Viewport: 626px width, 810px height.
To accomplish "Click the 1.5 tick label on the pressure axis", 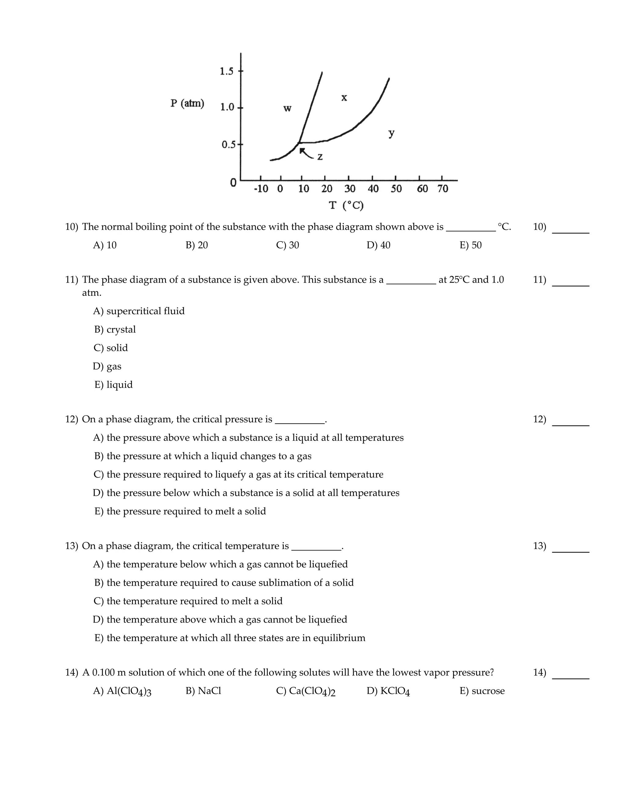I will click(x=226, y=71).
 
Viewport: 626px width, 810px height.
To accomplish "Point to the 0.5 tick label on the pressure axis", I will click(x=228, y=145).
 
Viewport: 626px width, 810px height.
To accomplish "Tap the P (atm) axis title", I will click(x=187, y=103).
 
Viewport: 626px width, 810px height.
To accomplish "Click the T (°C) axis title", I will click(x=346, y=205).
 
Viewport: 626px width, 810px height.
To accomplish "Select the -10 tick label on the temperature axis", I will click(x=261, y=189).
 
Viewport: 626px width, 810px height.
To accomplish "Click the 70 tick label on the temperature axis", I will click(x=443, y=189).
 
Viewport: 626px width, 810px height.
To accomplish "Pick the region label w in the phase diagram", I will click(x=287, y=109).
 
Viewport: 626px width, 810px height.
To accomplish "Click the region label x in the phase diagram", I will click(x=344, y=98).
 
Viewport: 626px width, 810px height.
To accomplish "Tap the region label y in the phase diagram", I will click(x=391, y=133).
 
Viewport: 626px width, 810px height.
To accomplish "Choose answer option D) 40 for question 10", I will click(x=378, y=245).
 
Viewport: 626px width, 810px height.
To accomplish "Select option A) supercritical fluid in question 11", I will click(x=139, y=311).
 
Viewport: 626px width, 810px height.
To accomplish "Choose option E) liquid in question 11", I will click(x=113, y=385).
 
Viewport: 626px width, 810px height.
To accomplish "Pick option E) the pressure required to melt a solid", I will click(x=180, y=511).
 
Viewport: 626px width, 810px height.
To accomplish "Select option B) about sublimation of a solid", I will click(x=224, y=583).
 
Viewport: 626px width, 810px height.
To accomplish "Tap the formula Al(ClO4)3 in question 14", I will click(x=129, y=691).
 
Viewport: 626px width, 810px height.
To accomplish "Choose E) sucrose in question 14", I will click(x=482, y=691).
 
